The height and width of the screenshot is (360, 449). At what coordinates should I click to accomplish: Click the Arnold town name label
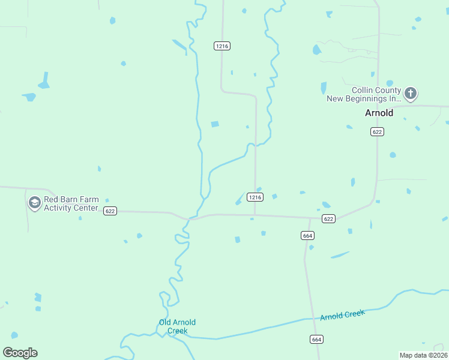point(379,113)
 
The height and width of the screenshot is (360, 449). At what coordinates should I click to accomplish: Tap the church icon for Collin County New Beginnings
point(411,93)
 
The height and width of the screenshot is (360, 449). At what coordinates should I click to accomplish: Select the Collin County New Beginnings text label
point(364,94)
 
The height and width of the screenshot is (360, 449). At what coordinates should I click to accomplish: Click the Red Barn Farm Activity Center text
point(71,204)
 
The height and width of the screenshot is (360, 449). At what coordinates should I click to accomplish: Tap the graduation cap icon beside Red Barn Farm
point(35,203)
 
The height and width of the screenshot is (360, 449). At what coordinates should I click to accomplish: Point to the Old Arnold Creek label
point(177,326)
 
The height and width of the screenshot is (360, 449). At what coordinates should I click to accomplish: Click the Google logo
point(20,352)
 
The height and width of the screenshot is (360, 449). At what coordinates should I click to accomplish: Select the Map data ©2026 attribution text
point(423,355)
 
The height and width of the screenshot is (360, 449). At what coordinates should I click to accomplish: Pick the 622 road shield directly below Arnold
point(377,132)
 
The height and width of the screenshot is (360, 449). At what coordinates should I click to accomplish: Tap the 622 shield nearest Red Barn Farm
point(109,211)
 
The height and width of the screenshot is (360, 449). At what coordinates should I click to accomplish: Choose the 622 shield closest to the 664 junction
point(328,219)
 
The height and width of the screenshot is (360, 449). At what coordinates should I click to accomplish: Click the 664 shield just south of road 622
point(307,236)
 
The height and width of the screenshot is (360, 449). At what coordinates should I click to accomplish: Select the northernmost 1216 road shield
point(222,46)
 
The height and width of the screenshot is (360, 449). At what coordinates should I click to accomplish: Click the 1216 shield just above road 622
point(255,197)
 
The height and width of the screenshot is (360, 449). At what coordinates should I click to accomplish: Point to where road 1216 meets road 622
point(255,215)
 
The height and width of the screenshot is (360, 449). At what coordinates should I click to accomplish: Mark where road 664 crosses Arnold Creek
point(312,319)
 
